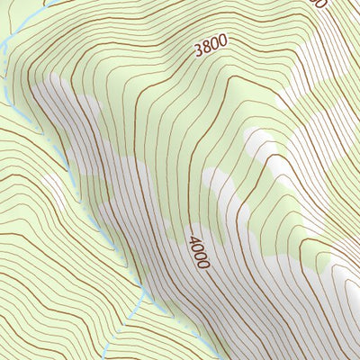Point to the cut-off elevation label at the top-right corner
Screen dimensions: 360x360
[316, 4]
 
